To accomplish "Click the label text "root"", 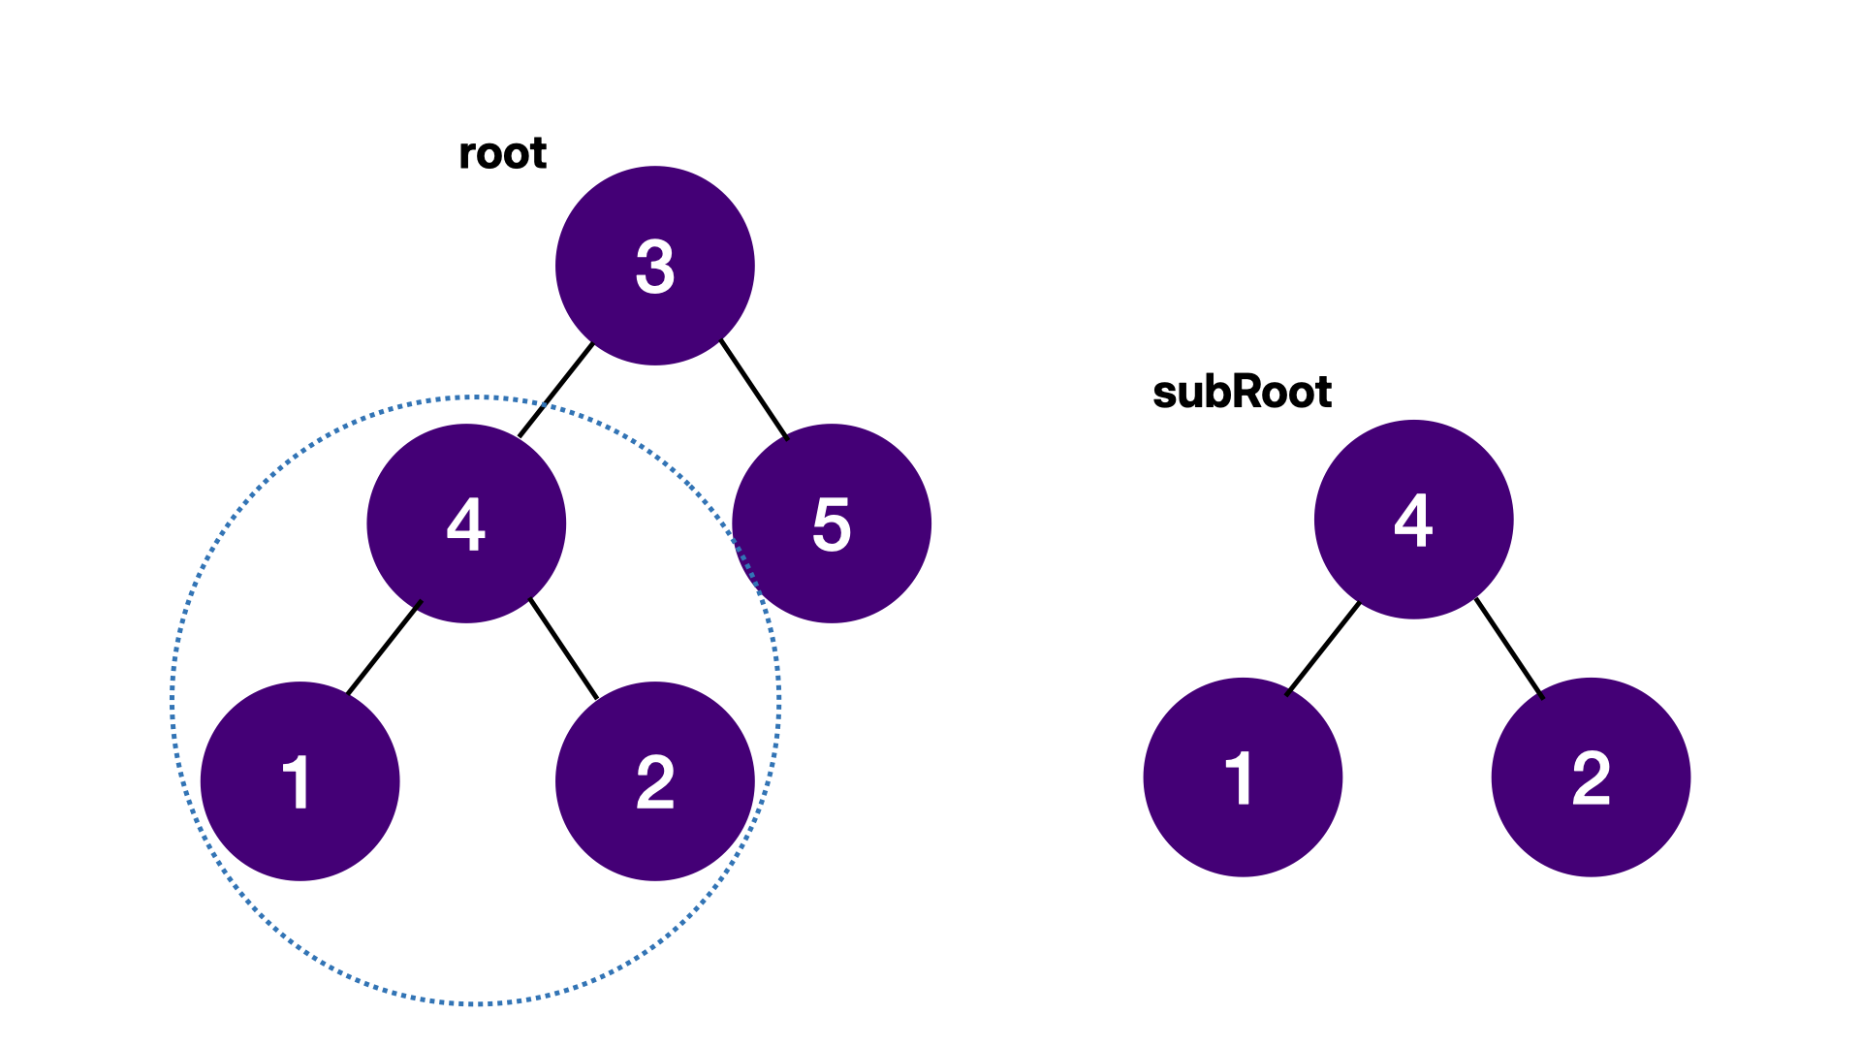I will click(502, 153).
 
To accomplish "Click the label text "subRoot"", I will click(1242, 393).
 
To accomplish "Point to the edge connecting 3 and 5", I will click(754, 389).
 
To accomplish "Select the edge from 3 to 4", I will click(556, 390).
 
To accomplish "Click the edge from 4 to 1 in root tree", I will click(385, 648).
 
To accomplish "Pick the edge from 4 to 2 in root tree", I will click(564, 649).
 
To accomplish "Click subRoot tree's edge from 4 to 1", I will click(1324, 648).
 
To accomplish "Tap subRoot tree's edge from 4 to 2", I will click(1509, 648).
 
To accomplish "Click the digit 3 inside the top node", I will click(655, 267).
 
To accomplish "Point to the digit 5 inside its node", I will click(832, 524).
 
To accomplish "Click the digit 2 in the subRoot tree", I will click(1591, 777).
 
